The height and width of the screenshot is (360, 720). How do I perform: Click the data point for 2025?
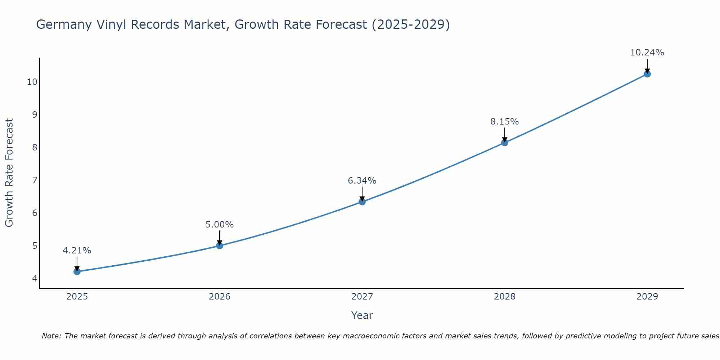click(x=77, y=271)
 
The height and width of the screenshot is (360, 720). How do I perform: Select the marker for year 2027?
click(x=362, y=202)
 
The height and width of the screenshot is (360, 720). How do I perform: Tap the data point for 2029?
click(x=647, y=74)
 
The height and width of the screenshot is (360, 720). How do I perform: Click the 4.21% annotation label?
click(x=77, y=251)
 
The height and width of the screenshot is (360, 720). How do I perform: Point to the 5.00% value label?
click(x=220, y=225)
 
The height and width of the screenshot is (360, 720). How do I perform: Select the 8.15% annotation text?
click(x=504, y=122)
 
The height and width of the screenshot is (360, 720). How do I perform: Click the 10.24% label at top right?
click(x=647, y=53)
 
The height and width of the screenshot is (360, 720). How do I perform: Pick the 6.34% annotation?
click(x=362, y=181)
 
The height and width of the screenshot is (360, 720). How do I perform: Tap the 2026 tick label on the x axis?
click(x=220, y=297)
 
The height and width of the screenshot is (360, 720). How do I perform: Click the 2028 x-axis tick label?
click(x=504, y=297)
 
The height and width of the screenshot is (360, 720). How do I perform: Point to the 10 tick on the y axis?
click(x=32, y=82)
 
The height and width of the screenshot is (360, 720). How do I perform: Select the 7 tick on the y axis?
click(x=35, y=180)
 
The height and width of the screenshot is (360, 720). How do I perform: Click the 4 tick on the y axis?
click(x=35, y=278)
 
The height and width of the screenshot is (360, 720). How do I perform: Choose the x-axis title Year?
click(x=362, y=315)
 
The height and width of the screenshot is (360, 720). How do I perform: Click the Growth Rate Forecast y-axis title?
click(x=9, y=173)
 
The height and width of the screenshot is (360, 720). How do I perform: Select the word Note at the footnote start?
click(x=51, y=336)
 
